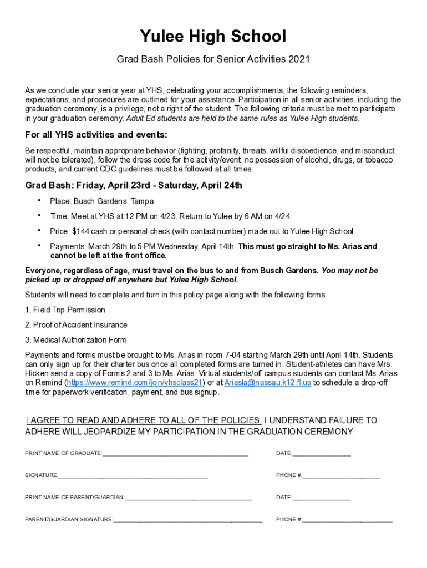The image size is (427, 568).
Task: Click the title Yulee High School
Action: coord(213,37)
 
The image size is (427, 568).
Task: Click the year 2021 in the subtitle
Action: coord(298,59)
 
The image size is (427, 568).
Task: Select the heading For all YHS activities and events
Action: coord(96,135)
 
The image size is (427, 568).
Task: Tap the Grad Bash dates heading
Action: coord(134,185)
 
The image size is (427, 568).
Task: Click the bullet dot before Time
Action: coord(39,215)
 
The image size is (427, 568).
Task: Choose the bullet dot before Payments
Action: coord(39,246)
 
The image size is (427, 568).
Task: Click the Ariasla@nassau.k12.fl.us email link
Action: coord(267,383)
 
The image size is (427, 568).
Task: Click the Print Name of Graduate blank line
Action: coord(175,455)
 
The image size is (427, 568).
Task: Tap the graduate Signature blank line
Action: coord(133,476)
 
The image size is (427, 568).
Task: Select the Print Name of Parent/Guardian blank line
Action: coord(189,499)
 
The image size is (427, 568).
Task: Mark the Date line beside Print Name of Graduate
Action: coord(322,455)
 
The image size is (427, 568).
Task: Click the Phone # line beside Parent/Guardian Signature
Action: coord(347,521)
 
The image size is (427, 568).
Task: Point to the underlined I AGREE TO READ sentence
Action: coord(144,420)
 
